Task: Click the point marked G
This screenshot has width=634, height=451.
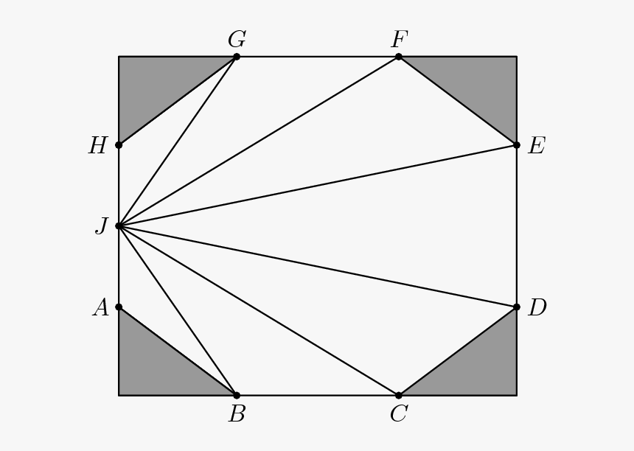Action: (237, 57)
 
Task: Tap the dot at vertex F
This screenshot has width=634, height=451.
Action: (399, 57)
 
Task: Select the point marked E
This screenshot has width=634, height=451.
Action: (516, 145)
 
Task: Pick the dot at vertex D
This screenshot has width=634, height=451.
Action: (516, 307)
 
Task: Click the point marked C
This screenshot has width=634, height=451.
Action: (399, 395)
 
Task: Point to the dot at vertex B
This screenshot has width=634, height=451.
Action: (237, 395)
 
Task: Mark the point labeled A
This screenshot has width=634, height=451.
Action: (119, 307)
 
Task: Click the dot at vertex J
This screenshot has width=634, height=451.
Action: (119, 226)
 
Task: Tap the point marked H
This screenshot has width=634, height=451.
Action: (119, 145)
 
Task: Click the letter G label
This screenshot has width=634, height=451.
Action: (237, 40)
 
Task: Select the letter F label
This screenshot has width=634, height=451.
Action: (400, 40)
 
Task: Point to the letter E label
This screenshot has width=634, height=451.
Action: (537, 146)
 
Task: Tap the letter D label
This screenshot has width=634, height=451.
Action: (537, 308)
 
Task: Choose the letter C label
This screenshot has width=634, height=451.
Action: (399, 414)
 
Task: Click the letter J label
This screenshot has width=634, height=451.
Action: (102, 226)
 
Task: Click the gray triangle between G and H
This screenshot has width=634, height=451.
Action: (158, 86)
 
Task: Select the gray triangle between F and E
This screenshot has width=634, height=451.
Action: (477, 86)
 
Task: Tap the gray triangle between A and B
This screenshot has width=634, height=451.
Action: (158, 366)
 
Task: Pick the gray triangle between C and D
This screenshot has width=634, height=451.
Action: (477, 366)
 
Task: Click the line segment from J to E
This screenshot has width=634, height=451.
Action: (318, 186)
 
